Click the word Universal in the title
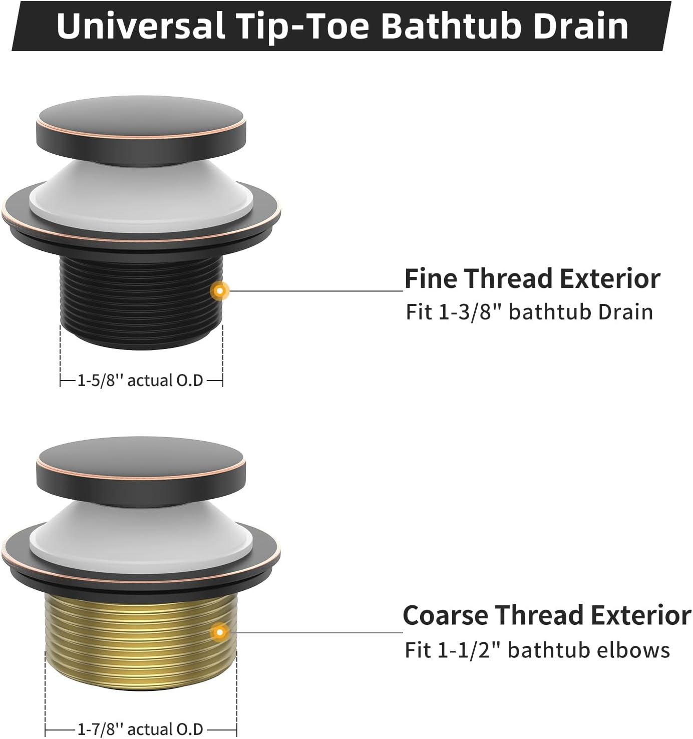coord(141,26)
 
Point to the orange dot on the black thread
coord(220,290)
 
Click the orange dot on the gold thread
coord(220,632)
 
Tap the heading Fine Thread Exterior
coord(532,278)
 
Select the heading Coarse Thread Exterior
coord(547,615)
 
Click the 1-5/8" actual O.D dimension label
coord(140,381)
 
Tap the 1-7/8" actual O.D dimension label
coord(140,729)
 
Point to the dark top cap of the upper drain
coord(141,130)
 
